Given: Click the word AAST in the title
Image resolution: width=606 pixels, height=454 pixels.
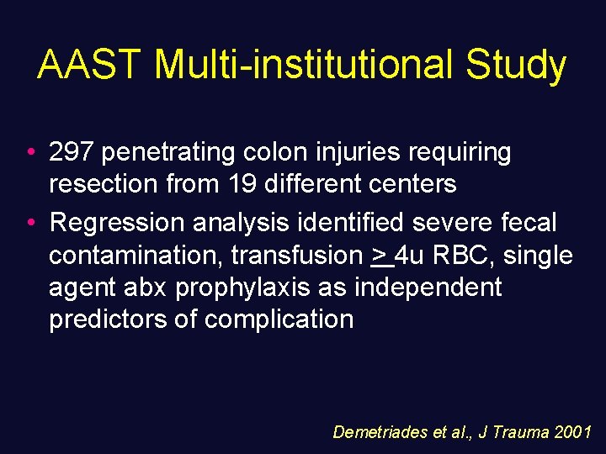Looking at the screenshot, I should click(x=90, y=66).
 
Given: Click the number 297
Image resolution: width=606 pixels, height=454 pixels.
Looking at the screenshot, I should click(x=72, y=152).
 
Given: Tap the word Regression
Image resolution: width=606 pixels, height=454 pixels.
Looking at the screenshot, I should click(x=117, y=223).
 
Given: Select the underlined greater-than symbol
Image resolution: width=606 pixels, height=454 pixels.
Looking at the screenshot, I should click(x=382, y=255).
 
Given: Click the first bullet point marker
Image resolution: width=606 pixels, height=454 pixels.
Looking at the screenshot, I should click(x=30, y=153).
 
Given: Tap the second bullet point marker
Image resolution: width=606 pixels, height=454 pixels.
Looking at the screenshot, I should click(x=30, y=224).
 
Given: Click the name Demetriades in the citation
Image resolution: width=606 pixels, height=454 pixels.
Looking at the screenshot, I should click(x=379, y=432).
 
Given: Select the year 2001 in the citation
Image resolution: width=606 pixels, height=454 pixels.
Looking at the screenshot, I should click(x=574, y=432).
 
